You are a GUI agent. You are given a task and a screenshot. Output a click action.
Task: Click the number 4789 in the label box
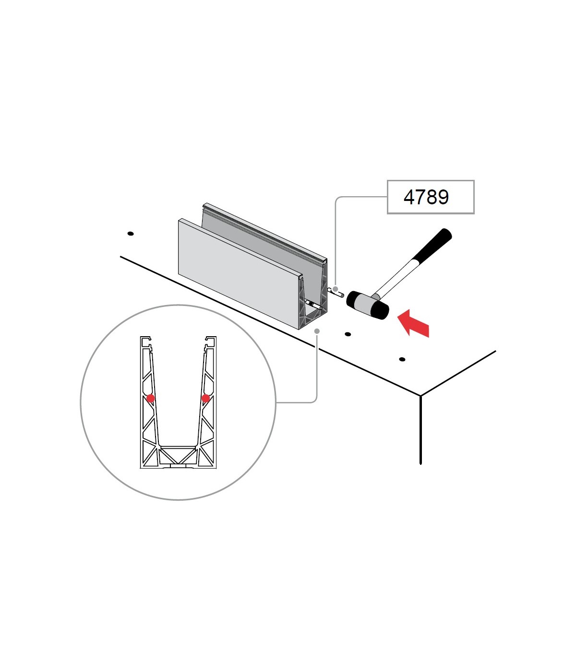point(426,197)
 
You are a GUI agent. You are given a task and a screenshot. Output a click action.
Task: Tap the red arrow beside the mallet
point(413,324)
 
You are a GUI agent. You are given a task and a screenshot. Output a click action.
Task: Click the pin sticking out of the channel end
point(336,293)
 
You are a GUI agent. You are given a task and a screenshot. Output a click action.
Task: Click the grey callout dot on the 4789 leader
point(336,289)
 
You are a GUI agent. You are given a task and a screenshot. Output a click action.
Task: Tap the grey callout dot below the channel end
point(317,331)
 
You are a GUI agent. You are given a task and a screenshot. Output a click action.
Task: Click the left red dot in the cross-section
point(151,398)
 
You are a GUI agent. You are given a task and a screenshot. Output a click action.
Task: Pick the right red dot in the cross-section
point(205,399)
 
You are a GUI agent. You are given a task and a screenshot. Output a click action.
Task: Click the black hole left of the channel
point(131,234)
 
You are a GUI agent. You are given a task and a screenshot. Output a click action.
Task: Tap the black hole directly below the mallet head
point(348,334)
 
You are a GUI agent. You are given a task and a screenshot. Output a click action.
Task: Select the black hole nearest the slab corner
point(402,359)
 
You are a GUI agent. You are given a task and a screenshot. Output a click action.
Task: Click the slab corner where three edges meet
point(420,396)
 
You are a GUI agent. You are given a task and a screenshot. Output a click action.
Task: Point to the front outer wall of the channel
point(239,273)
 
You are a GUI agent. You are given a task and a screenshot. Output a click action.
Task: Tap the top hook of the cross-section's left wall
point(145,341)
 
